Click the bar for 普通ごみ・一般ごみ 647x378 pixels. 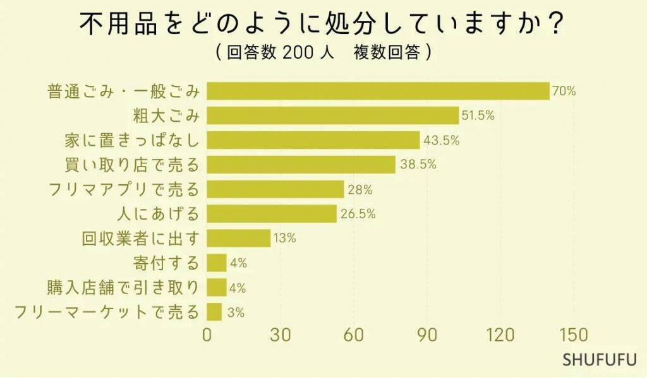click(378, 91)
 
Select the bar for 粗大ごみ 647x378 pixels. click(333, 115)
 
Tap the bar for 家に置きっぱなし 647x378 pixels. click(313, 140)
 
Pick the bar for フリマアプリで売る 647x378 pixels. click(275, 189)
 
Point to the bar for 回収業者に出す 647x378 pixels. click(239, 239)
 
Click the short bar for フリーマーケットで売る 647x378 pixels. click(215, 312)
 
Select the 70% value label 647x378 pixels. click(564, 91)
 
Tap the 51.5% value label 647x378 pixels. click(478, 115)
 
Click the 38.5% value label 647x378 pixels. click(414, 165)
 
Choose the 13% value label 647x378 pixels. click(285, 239)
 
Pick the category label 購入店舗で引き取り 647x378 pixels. click(123, 288)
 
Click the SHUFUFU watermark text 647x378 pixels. click(599, 360)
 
